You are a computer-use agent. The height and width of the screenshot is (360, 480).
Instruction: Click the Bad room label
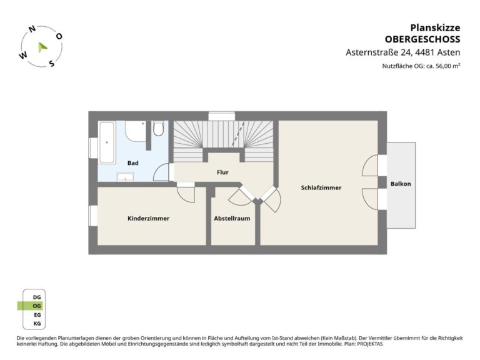(133, 163)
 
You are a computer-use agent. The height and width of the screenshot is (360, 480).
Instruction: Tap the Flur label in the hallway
(222, 172)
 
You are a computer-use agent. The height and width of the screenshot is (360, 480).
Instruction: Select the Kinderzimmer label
(149, 218)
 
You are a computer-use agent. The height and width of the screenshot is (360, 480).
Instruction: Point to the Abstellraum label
(232, 218)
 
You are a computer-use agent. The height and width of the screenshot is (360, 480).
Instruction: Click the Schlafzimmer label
(321, 187)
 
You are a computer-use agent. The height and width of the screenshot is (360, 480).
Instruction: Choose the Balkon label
(401, 184)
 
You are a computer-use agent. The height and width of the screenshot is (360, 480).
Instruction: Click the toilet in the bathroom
(158, 129)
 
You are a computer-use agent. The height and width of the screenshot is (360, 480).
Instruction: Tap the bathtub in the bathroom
(107, 142)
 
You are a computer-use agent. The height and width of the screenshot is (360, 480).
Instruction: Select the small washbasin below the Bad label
(125, 177)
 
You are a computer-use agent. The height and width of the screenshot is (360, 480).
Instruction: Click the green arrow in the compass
(42, 47)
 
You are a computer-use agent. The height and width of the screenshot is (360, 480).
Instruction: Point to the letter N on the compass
(32, 29)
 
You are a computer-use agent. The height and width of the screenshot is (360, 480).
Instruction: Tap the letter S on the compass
(52, 63)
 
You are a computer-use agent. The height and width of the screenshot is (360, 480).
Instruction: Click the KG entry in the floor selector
(37, 324)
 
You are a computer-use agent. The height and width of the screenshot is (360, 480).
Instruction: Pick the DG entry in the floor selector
(37, 297)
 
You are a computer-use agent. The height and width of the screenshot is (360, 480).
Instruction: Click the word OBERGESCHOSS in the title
(422, 39)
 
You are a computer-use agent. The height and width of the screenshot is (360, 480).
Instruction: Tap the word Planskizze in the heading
(435, 27)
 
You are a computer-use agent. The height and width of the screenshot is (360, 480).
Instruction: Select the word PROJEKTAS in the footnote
(370, 344)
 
